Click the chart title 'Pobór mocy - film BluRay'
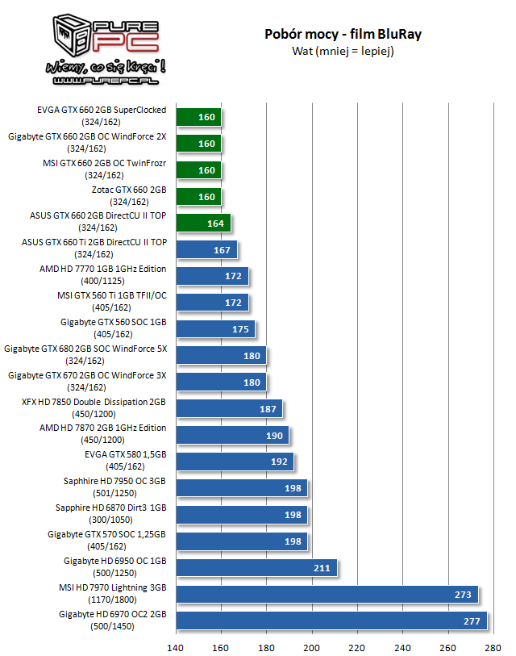[x=343, y=34]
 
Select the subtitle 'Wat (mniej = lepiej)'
[x=343, y=51]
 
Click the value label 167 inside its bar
[x=222, y=250]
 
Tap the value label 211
[x=322, y=568]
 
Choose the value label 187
[x=268, y=408]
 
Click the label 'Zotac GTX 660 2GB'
[x=129, y=190]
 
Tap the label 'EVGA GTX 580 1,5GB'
[x=129, y=454]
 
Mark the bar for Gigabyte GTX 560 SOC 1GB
[x=214, y=329]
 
